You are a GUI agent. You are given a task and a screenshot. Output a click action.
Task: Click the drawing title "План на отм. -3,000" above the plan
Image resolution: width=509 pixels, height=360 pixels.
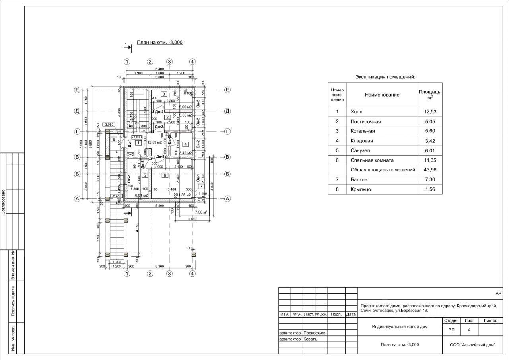tap(159, 42)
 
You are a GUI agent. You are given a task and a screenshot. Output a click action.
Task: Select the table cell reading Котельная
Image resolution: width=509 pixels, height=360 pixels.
tap(363, 131)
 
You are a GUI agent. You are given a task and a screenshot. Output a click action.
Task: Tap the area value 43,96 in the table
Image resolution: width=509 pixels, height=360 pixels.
tap(430, 170)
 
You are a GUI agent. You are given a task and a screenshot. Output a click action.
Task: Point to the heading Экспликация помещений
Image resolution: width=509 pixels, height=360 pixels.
tap(385, 77)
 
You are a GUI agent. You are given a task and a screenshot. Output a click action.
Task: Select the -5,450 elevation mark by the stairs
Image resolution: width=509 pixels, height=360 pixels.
tap(116, 196)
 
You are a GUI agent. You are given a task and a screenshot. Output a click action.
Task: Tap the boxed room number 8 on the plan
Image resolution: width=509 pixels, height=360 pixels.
tap(114, 139)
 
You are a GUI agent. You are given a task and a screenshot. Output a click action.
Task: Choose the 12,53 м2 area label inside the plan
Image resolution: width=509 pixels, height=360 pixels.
tap(155, 142)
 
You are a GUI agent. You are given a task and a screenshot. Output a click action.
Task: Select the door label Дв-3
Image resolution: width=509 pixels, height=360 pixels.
tap(142, 164)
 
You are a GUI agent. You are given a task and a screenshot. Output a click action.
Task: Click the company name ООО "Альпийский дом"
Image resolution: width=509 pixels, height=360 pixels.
tap(472, 345)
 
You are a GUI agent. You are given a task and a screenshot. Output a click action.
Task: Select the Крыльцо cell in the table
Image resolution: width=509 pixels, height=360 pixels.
tap(361, 189)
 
